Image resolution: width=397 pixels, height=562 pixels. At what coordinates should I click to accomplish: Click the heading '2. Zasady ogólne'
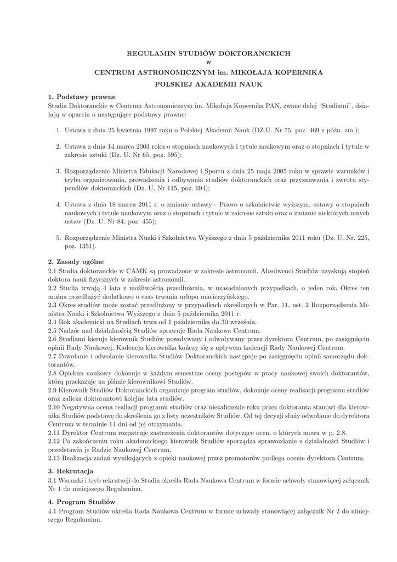[x=76, y=261]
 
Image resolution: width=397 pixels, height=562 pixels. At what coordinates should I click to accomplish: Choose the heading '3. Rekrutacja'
[x=71, y=471]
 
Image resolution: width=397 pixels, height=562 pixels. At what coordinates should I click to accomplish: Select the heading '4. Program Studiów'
[x=81, y=502]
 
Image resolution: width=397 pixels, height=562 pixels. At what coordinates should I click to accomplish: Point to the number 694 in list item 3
[x=201, y=188]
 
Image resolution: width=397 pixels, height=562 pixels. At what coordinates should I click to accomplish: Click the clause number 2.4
[x=53, y=322]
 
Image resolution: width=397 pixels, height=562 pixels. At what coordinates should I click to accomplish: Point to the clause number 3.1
[x=53, y=481]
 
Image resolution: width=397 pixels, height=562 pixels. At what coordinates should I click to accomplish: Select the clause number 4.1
[x=53, y=512]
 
